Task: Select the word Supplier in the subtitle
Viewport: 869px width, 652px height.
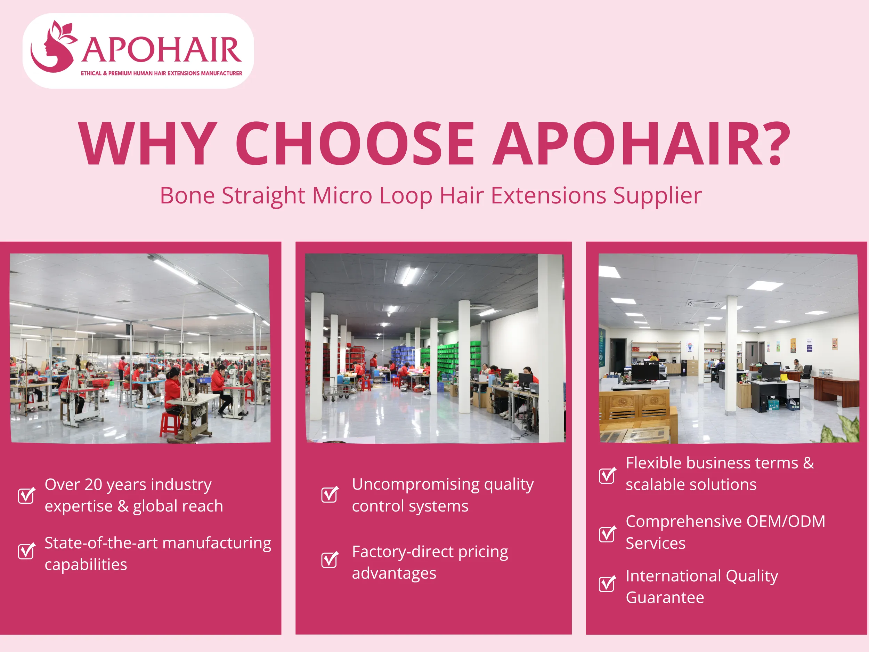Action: tap(657, 196)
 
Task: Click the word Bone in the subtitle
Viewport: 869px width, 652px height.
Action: tap(187, 196)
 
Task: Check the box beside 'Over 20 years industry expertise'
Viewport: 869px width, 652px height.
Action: tap(26, 495)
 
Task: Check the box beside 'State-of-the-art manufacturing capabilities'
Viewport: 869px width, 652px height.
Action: tap(26, 551)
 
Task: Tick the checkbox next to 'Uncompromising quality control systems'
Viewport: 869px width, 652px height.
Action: tap(329, 494)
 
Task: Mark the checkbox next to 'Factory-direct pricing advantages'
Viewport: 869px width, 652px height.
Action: tap(329, 560)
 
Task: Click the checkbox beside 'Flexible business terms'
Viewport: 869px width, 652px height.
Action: tap(607, 476)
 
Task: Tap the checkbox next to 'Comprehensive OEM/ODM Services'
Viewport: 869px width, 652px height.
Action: tap(607, 534)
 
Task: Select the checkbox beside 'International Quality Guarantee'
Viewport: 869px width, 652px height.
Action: tap(607, 583)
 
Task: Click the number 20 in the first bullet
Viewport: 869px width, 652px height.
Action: tap(93, 485)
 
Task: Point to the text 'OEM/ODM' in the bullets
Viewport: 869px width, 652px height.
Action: tap(785, 522)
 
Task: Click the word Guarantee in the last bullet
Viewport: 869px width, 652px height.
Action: tap(665, 598)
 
